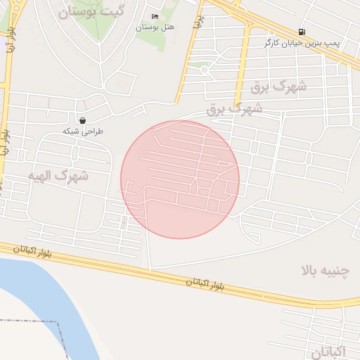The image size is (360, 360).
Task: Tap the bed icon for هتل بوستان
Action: pyautogui.click(x=155, y=17)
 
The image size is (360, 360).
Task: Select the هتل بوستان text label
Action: pyautogui.click(x=155, y=27)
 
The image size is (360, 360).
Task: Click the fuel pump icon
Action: pyautogui.click(x=302, y=32)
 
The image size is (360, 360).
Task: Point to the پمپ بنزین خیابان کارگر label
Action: pyautogui.click(x=302, y=43)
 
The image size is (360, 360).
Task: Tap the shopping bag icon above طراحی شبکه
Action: pyautogui.click(x=83, y=121)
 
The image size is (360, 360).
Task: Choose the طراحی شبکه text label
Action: pyautogui.click(x=83, y=131)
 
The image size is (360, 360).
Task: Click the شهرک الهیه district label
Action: pyautogui.click(x=58, y=174)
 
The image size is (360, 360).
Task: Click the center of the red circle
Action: pyautogui.click(x=180, y=179)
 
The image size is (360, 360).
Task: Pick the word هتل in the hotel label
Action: pyautogui.click(x=167, y=27)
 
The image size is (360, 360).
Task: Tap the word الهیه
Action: pyautogui.click(x=43, y=174)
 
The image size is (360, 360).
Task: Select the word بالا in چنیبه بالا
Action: pyautogui.click(x=309, y=271)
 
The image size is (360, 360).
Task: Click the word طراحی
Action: pyautogui.click(x=94, y=131)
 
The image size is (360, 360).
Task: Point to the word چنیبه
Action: pyautogui.click(x=335, y=271)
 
